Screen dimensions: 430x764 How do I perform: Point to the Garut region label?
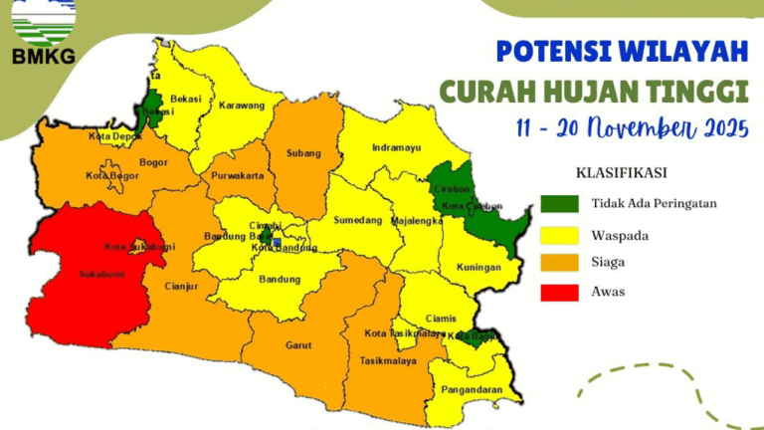point(298,346)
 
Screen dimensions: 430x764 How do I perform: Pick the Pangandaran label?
point(473,391)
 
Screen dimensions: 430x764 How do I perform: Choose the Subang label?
point(304,154)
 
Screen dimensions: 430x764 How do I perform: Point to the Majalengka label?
point(417,221)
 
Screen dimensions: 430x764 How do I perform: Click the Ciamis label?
point(441,320)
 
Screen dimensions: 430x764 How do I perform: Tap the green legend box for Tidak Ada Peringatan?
point(560,203)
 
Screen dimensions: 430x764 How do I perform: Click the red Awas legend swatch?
point(560,293)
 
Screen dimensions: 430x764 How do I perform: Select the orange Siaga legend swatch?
point(560,263)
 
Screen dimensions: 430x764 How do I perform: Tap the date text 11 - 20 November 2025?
point(632,128)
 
